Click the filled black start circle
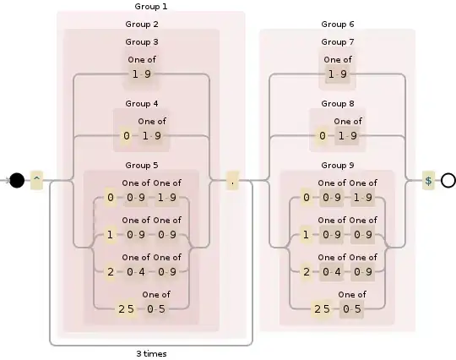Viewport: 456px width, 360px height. click(x=17, y=180)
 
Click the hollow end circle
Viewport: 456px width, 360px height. click(x=448, y=180)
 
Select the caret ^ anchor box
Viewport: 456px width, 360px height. click(x=36, y=180)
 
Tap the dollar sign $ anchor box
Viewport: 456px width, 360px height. click(x=428, y=180)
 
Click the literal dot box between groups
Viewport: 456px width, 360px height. click(x=233, y=180)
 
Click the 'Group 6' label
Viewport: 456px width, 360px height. click(x=338, y=24)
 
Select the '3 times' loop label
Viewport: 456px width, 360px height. click(x=150, y=353)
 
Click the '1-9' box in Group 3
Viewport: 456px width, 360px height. click(x=142, y=74)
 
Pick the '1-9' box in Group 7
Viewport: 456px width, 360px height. click(x=338, y=74)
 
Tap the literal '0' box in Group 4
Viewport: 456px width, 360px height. click(x=127, y=135)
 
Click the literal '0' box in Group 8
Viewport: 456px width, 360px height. click(x=323, y=135)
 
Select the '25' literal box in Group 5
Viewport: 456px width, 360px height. click(x=126, y=308)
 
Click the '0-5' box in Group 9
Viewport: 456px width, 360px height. click(x=352, y=308)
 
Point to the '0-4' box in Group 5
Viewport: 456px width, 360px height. click(x=135, y=272)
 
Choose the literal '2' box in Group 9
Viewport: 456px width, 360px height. click(x=306, y=272)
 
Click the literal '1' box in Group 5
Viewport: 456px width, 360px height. click(x=110, y=235)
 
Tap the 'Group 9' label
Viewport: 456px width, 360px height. click(x=338, y=165)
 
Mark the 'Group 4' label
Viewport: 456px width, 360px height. click(x=142, y=104)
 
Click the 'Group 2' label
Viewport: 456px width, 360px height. click(x=142, y=24)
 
